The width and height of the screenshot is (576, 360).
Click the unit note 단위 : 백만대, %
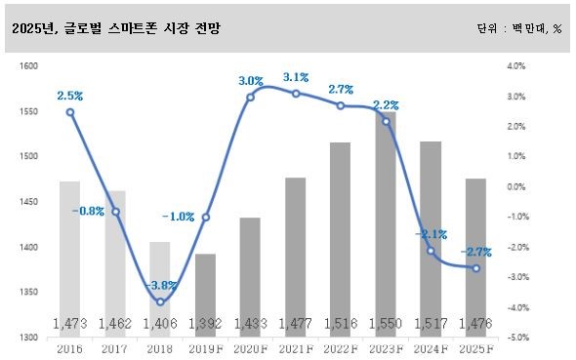point(519,29)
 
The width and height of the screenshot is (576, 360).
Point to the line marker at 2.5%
point(69,112)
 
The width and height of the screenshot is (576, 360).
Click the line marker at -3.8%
point(160,301)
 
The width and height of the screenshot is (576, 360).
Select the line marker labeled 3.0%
point(250,97)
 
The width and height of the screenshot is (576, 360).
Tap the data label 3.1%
point(296,76)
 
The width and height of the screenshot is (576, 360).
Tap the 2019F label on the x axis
point(205,346)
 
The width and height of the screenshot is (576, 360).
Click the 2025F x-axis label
point(476,346)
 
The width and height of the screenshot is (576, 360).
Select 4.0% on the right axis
point(516,66)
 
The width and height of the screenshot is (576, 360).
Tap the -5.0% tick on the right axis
point(516,338)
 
